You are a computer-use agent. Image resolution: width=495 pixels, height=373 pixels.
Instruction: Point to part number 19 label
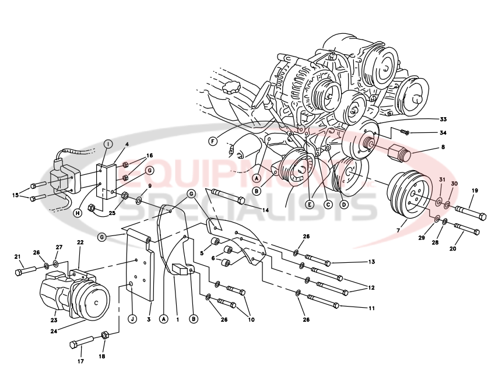click(x=475, y=191)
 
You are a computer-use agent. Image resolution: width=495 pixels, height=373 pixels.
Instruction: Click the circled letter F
click(x=213, y=140)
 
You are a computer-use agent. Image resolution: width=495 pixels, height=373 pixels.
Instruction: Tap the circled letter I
click(x=108, y=143)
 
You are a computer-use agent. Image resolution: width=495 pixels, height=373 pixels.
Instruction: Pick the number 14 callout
click(x=266, y=209)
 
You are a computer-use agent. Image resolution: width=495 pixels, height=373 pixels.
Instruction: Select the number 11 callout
click(x=371, y=307)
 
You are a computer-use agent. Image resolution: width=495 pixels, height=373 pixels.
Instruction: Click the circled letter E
click(x=310, y=205)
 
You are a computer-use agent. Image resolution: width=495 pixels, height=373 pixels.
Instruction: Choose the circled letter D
click(x=344, y=205)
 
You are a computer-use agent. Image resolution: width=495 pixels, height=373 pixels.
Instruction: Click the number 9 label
click(x=149, y=186)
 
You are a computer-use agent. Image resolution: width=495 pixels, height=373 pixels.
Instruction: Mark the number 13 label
click(x=371, y=263)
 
